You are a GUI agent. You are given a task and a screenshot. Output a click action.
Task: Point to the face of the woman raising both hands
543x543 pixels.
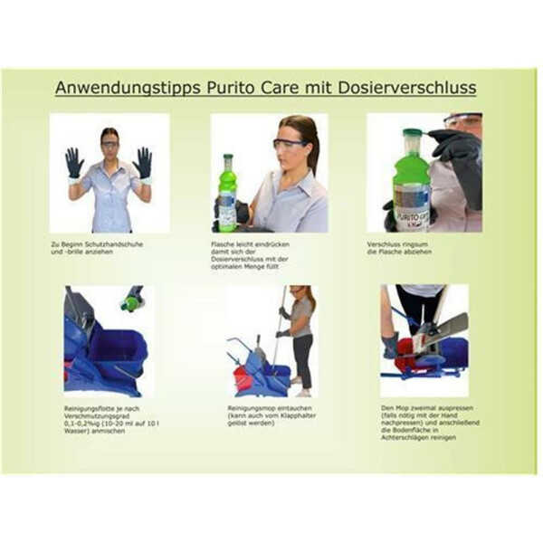(x=110, y=141)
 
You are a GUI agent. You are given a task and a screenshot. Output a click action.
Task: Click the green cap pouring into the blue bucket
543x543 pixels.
(x=134, y=301)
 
